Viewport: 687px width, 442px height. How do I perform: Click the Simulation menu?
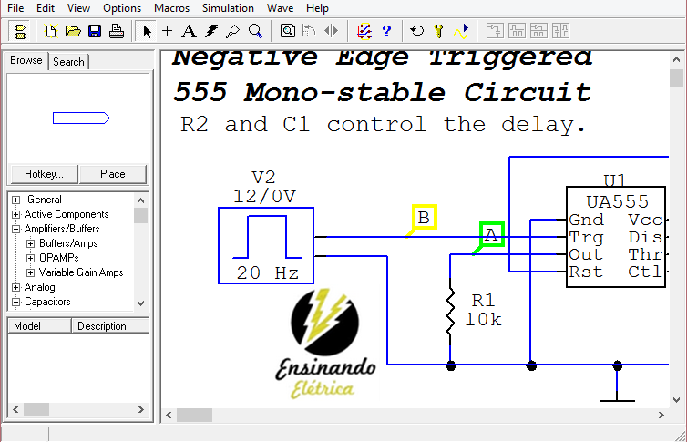(228, 7)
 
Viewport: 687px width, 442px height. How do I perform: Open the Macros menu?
(172, 7)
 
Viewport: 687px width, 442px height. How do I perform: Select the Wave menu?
(280, 7)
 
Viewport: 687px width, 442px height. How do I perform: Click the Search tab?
(68, 62)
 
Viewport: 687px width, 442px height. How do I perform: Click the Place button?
(112, 174)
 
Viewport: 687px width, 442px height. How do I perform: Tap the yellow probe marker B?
(423, 217)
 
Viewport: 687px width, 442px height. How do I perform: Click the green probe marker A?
(491, 235)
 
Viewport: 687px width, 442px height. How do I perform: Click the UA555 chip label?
(617, 201)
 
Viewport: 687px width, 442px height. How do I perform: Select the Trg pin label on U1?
(585, 237)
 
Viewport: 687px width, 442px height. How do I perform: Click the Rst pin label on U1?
(585, 272)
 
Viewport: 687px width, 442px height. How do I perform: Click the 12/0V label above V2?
(264, 196)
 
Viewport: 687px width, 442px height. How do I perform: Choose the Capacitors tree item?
(47, 302)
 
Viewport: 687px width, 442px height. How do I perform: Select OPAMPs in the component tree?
(58, 258)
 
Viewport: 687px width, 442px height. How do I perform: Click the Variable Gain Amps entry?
(80, 272)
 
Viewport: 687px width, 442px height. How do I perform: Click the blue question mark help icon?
(386, 31)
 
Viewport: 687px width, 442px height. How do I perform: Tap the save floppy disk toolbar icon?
(95, 31)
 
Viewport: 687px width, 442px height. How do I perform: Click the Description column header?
(102, 326)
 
